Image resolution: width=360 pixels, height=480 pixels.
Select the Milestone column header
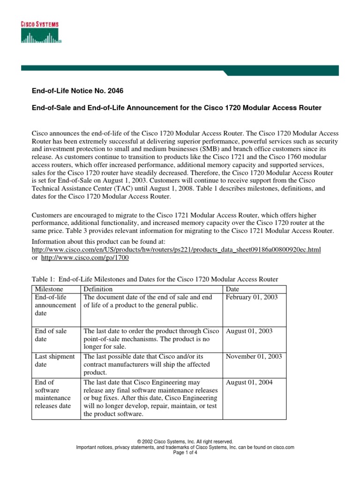(49, 289)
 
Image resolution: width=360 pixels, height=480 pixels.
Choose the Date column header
(232, 289)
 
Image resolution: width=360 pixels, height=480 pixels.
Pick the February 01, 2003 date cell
(252, 297)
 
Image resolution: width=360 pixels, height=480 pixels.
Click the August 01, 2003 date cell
(249, 331)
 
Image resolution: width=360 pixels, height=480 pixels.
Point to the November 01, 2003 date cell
(254, 356)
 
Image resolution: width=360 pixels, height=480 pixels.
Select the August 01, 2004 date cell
(249, 382)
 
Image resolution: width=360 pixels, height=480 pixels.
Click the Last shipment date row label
(54, 360)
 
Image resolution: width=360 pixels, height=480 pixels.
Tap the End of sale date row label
(51, 335)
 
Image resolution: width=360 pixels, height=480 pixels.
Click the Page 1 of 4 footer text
(185, 453)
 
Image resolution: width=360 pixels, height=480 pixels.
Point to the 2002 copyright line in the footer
(185, 442)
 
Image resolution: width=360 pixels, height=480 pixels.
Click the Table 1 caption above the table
(155, 279)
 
